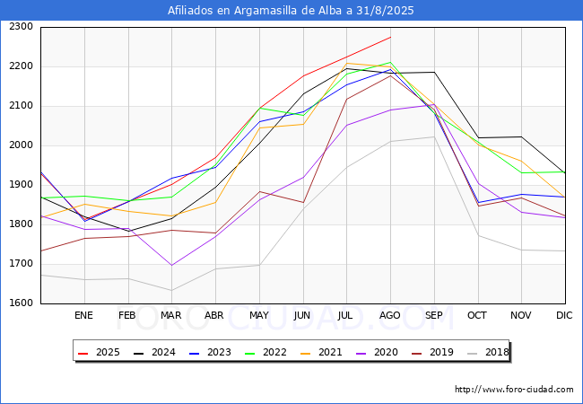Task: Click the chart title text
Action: [x=291, y=11]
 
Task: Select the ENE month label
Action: [x=83, y=315]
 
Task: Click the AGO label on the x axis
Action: [x=390, y=315]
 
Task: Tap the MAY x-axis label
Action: [x=258, y=315]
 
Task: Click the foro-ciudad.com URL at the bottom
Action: [x=514, y=390]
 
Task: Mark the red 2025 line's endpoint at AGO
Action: [x=390, y=37]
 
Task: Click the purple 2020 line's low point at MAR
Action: [x=171, y=265]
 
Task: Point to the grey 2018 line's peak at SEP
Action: [x=434, y=136]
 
